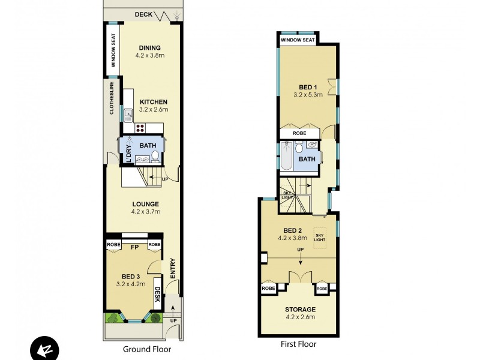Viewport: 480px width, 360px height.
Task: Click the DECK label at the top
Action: (143, 14)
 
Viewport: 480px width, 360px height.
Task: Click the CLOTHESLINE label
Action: (112, 100)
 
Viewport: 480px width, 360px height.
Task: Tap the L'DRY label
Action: (128, 152)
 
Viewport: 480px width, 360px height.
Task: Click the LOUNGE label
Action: (146, 204)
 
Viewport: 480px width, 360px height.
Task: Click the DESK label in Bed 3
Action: (157, 294)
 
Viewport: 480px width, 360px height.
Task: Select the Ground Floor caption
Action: (147, 349)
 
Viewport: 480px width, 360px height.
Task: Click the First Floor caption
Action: (298, 344)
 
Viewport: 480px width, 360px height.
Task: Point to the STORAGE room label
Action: (299, 310)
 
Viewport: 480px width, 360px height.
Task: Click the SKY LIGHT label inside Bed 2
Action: (320, 238)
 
